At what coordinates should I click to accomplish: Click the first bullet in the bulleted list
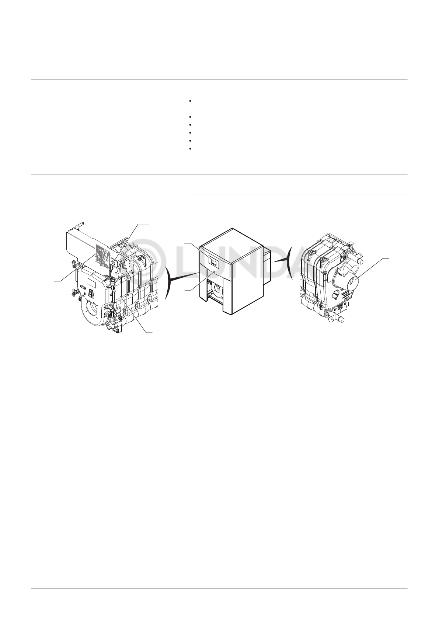[x=189, y=101]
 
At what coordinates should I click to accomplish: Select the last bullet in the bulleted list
[x=189, y=149]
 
